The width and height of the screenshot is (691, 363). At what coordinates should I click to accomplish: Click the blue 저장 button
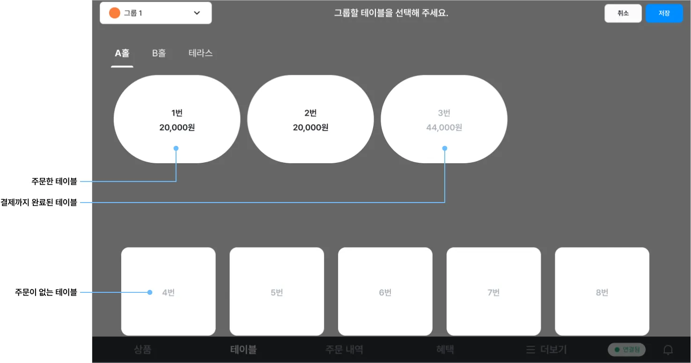coord(664,13)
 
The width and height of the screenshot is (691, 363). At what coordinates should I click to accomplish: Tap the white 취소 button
coord(623,13)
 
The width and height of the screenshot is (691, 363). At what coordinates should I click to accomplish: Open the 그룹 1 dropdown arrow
coord(197,13)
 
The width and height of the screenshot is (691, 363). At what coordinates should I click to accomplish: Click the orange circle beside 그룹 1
coord(115,13)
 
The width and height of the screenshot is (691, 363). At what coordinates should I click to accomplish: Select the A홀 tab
coord(122,53)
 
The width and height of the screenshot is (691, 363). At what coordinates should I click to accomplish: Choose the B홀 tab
coord(159,53)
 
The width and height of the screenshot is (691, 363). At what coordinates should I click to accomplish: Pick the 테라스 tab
coord(200,53)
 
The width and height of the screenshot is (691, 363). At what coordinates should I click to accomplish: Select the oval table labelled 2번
coord(310,119)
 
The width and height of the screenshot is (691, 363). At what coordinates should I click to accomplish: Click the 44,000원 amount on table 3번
coord(444,127)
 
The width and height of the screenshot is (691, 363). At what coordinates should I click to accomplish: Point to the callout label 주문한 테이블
coord(54,181)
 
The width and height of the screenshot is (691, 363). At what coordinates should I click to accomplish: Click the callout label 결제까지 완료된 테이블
coord(39,203)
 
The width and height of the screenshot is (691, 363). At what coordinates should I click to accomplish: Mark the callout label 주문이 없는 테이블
coord(46,292)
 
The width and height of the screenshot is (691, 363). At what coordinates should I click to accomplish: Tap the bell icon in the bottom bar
coord(668,350)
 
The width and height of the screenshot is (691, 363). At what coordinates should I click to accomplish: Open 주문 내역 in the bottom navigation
coord(344,349)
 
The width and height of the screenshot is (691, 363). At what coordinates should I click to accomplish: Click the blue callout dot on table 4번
coord(150,292)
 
